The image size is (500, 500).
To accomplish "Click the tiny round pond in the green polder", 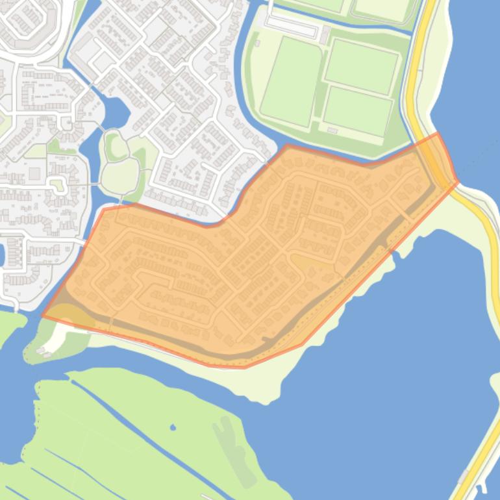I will (173, 427).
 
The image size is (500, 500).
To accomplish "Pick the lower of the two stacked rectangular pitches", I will (358, 110).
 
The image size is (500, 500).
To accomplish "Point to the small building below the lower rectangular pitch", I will (334, 131).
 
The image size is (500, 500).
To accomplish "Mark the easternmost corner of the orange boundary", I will (458, 182).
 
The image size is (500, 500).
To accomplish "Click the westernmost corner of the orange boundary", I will (43, 316).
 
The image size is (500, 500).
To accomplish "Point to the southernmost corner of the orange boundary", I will (244, 368).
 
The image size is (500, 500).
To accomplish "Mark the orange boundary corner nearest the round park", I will (104, 209).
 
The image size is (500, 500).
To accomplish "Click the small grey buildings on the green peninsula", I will (45, 351).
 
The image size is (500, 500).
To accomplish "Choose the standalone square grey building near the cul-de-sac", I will (34, 173).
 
